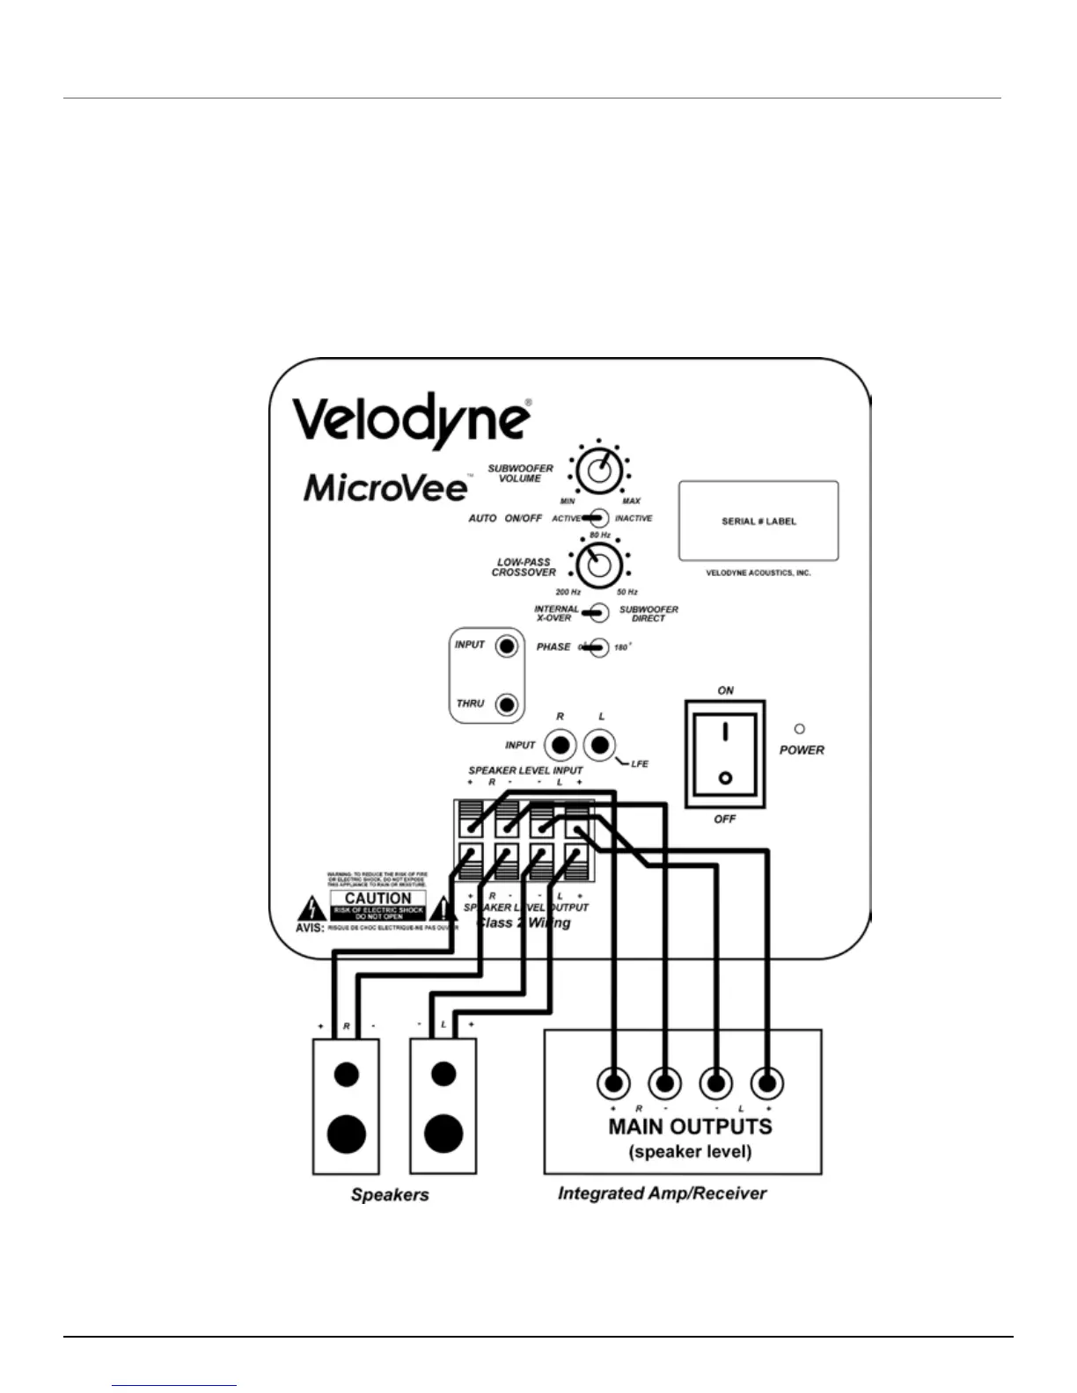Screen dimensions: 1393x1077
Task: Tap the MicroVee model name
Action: pyautogui.click(x=385, y=486)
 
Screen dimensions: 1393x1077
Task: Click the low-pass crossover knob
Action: pyautogui.click(x=598, y=565)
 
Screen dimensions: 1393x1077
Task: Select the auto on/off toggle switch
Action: pyautogui.click(x=597, y=518)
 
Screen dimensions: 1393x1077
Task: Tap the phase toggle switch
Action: pyautogui.click(x=597, y=647)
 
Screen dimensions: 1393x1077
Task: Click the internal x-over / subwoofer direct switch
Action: pyautogui.click(x=598, y=612)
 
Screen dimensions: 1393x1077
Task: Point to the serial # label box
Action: pyautogui.click(x=758, y=521)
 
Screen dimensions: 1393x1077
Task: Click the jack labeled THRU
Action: pyautogui.click(x=506, y=704)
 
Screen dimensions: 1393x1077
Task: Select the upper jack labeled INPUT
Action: pyautogui.click(x=506, y=647)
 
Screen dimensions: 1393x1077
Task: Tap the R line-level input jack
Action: pyautogui.click(x=560, y=746)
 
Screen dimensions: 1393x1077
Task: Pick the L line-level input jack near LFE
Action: pyautogui.click(x=600, y=746)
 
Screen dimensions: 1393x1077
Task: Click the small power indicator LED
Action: pyautogui.click(x=800, y=729)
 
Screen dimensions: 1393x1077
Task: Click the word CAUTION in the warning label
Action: pyautogui.click(x=378, y=898)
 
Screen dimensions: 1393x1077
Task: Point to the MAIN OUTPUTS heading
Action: pyautogui.click(x=691, y=1127)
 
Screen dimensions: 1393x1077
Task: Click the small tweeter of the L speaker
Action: pyautogui.click(x=443, y=1074)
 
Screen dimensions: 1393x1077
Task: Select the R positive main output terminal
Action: pyautogui.click(x=613, y=1083)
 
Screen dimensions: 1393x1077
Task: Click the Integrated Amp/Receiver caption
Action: pyautogui.click(x=662, y=1193)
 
